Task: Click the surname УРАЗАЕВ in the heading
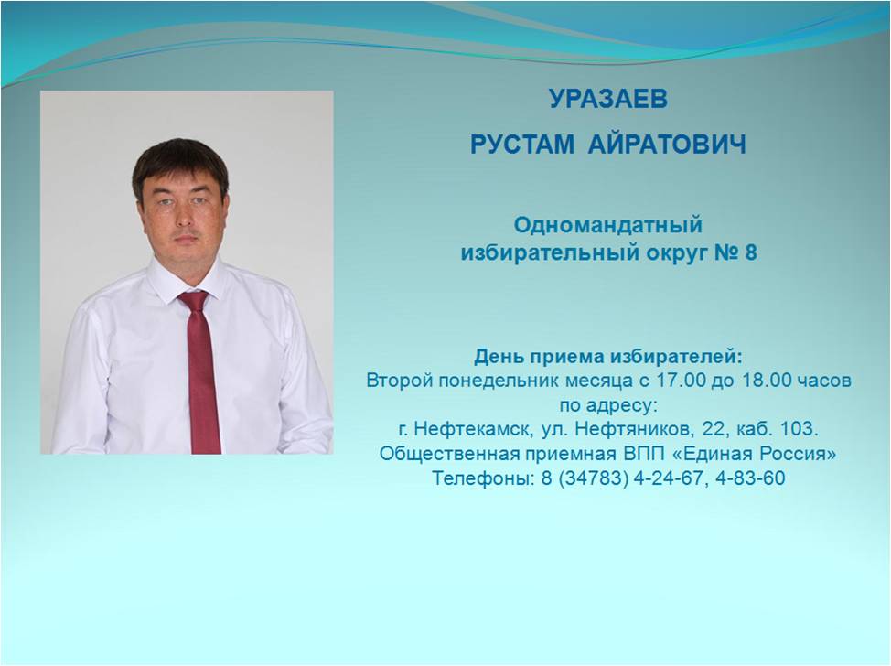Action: point(608,99)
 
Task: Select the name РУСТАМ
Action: point(522,145)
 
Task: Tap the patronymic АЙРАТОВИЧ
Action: point(667,145)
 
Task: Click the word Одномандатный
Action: point(608,225)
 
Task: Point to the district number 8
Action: point(751,252)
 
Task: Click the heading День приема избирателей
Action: point(608,356)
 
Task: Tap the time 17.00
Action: point(679,380)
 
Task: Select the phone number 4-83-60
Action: point(750,478)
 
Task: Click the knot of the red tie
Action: point(194,301)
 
